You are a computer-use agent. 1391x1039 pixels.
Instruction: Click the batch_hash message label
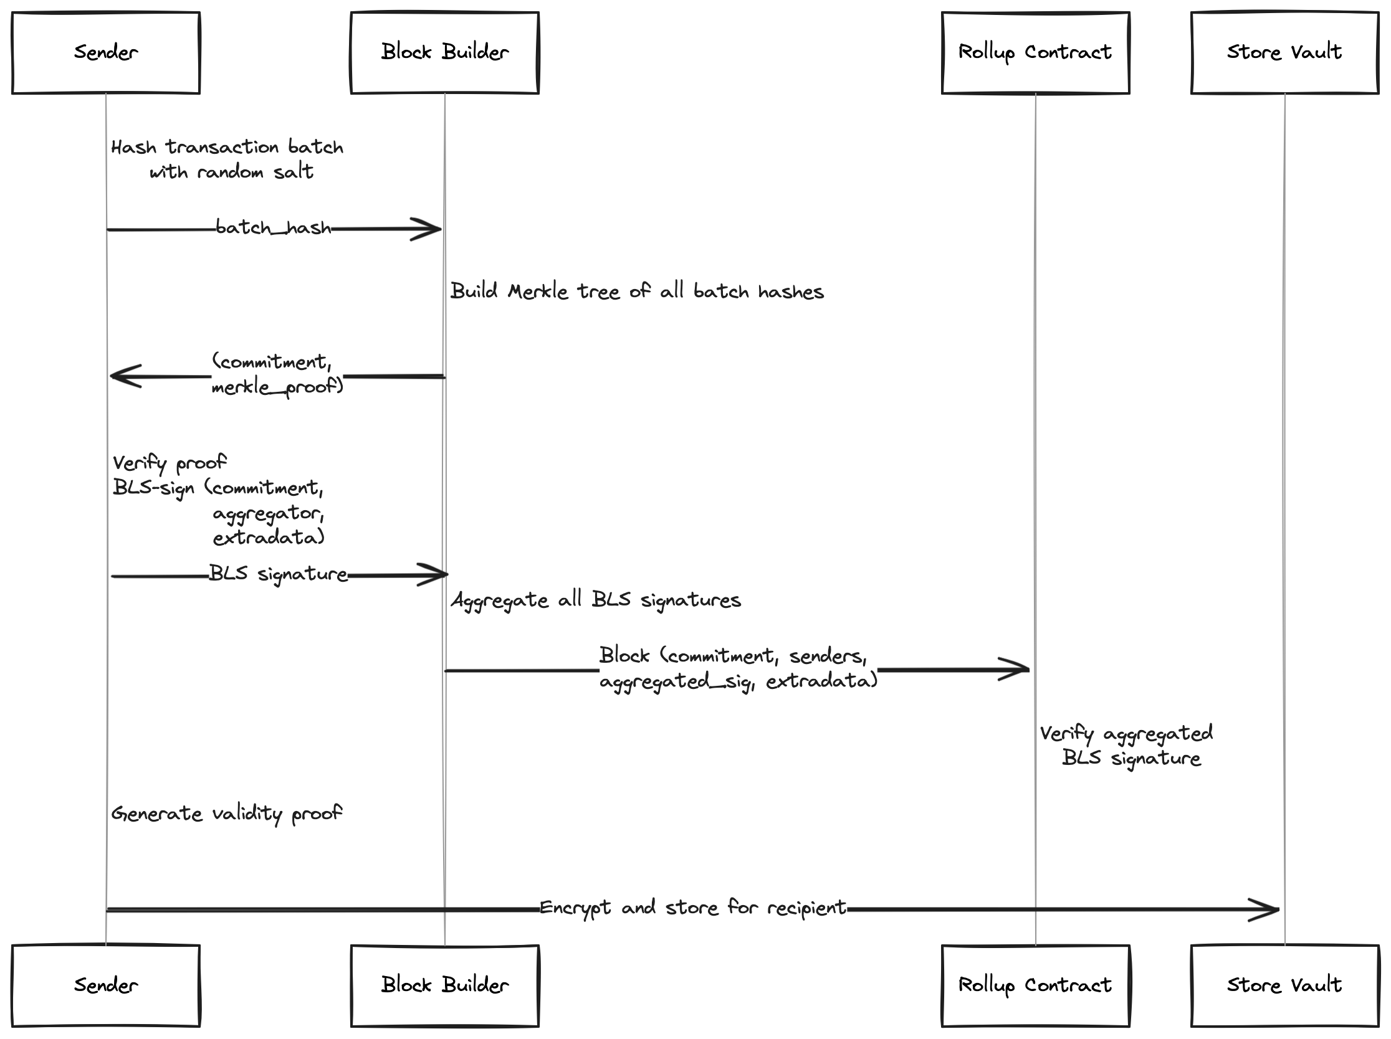coord(274,227)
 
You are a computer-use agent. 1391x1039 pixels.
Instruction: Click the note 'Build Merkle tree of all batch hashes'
coord(637,291)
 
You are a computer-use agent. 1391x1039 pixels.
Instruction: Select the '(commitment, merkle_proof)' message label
coord(277,374)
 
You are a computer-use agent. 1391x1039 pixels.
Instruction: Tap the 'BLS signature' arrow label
coord(278,574)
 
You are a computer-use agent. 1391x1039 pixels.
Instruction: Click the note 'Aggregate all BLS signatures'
coord(596,600)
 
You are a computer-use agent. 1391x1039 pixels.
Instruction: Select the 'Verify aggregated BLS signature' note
coord(1127,746)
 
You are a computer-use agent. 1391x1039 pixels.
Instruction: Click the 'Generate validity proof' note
coord(227,814)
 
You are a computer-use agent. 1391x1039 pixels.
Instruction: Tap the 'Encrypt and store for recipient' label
coord(693,908)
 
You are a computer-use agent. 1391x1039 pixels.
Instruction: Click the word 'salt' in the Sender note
coord(294,171)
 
